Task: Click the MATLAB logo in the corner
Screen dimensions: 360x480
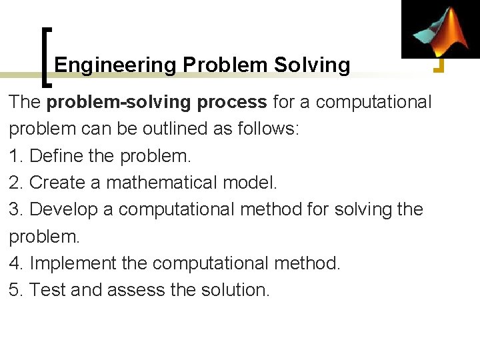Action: click(x=440, y=29)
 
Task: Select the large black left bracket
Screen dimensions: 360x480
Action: click(x=47, y=57)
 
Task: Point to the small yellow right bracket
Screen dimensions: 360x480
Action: click(x=439, y=65)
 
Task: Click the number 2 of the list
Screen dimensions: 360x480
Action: click(x=15, y=183)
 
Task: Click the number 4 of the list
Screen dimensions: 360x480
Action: click(x=15, y=263)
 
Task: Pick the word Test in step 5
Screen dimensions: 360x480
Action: click(x=47, y=290)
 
